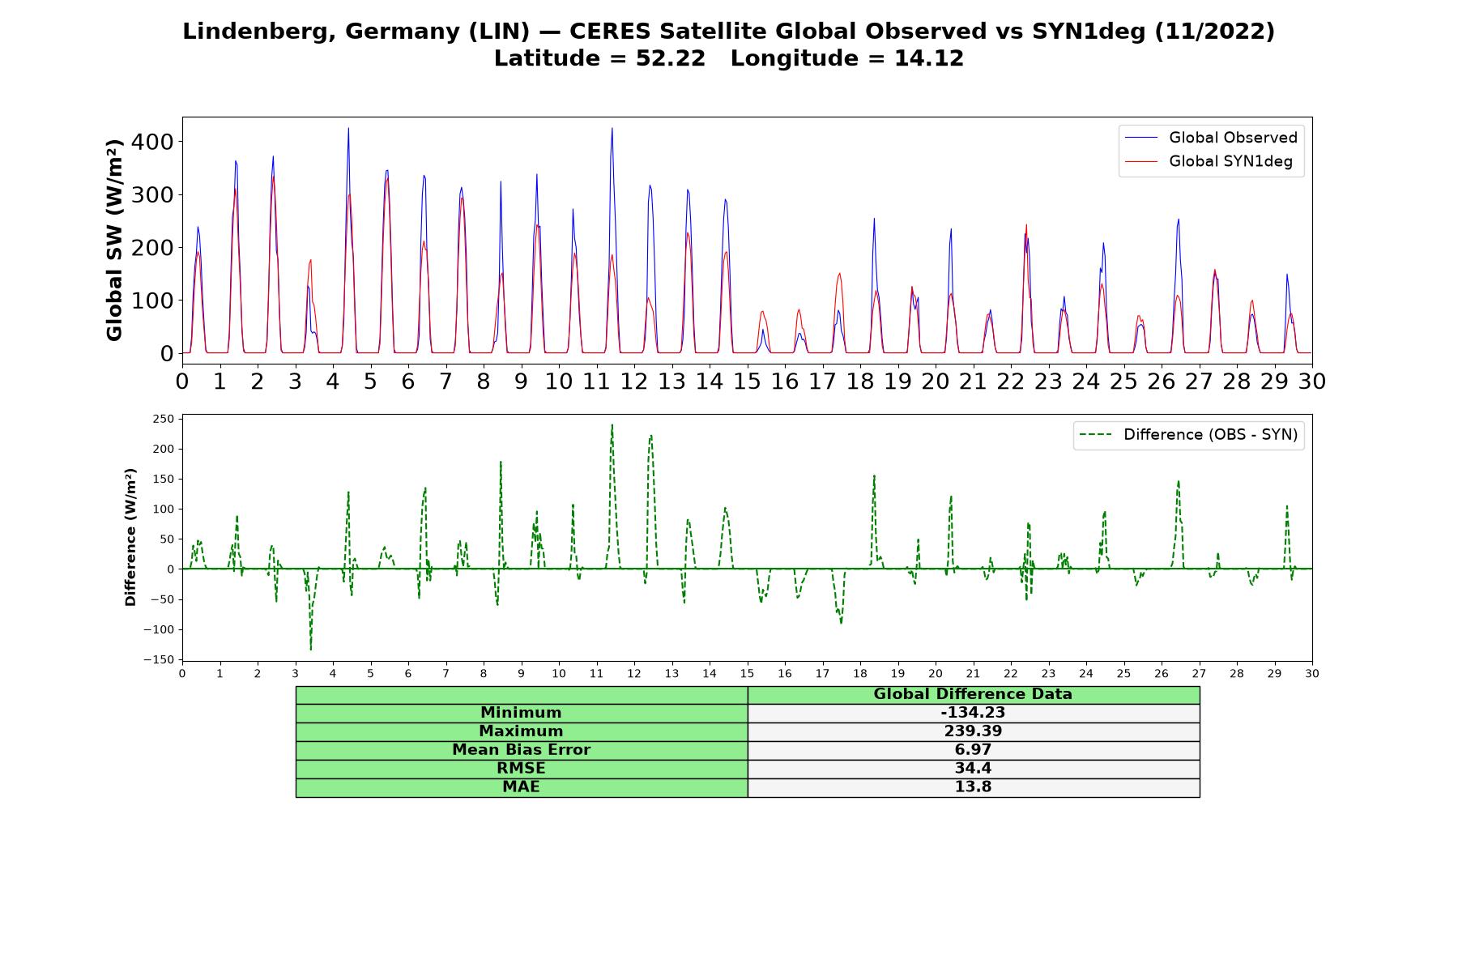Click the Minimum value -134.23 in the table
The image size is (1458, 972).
pos(973,713)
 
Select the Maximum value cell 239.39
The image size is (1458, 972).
pos(973,731)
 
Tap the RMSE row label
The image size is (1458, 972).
pos(521,769)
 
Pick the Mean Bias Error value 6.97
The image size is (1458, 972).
pos(973,750)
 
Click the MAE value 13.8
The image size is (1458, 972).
pos(973,787)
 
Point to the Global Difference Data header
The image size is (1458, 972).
pos(973,694)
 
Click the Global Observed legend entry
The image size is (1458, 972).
pos(1212,138)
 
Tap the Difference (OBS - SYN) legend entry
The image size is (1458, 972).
pos(1189,435)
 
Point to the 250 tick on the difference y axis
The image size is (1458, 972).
pos(163,419)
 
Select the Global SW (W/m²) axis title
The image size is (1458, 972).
pos(114,240)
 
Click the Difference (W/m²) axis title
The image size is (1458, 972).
pos(130,537)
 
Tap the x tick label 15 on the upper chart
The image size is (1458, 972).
pos(748,381)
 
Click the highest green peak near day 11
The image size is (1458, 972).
pos(612,424)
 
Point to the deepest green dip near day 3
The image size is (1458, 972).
pos(311,649)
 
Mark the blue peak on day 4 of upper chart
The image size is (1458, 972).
pos(348,128)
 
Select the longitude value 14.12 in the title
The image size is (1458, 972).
pos(929,58)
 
